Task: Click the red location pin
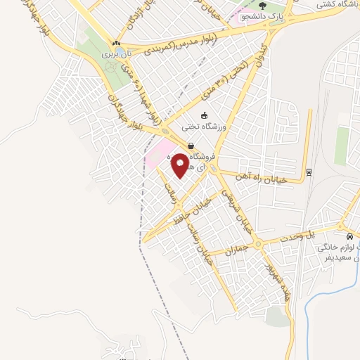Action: pos(180,166)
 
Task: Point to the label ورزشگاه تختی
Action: pos(202,127)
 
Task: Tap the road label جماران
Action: pos(238,249)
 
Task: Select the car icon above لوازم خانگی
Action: pos(350,236)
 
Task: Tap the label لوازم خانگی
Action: pos(338,247)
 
